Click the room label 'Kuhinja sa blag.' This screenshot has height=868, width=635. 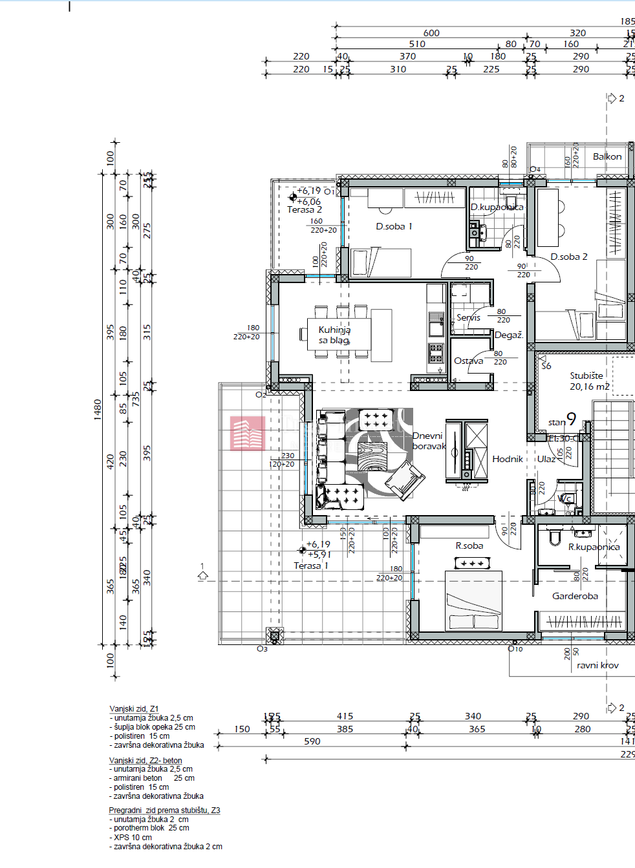tap(334, 335)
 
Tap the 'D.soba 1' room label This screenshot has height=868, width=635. tap(394, 227)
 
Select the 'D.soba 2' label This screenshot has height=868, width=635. tap(569, 257)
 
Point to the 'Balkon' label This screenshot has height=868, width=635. tap(607, 157)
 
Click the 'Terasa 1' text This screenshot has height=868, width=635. tap(311, 566)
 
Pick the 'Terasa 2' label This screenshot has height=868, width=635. tap(305, 210)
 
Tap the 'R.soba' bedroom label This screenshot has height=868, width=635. tap(469, 546)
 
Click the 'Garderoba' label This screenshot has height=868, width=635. tap(575, 597)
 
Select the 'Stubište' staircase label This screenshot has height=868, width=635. tap(587, 376)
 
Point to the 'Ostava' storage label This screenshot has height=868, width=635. tap(469, 361)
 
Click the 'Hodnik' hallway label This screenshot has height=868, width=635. tap(508, 460)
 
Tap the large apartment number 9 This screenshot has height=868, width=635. tap(571, 419)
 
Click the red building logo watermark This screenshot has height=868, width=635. tap(248, 433)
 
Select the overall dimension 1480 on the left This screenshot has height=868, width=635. tap(98, 410)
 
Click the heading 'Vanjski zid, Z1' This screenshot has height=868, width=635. tap(134, 709)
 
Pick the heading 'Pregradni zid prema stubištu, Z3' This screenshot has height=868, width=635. tap(164, 810)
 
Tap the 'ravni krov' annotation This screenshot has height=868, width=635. tap(597, 666)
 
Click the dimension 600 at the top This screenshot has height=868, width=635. tap(431, 33)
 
